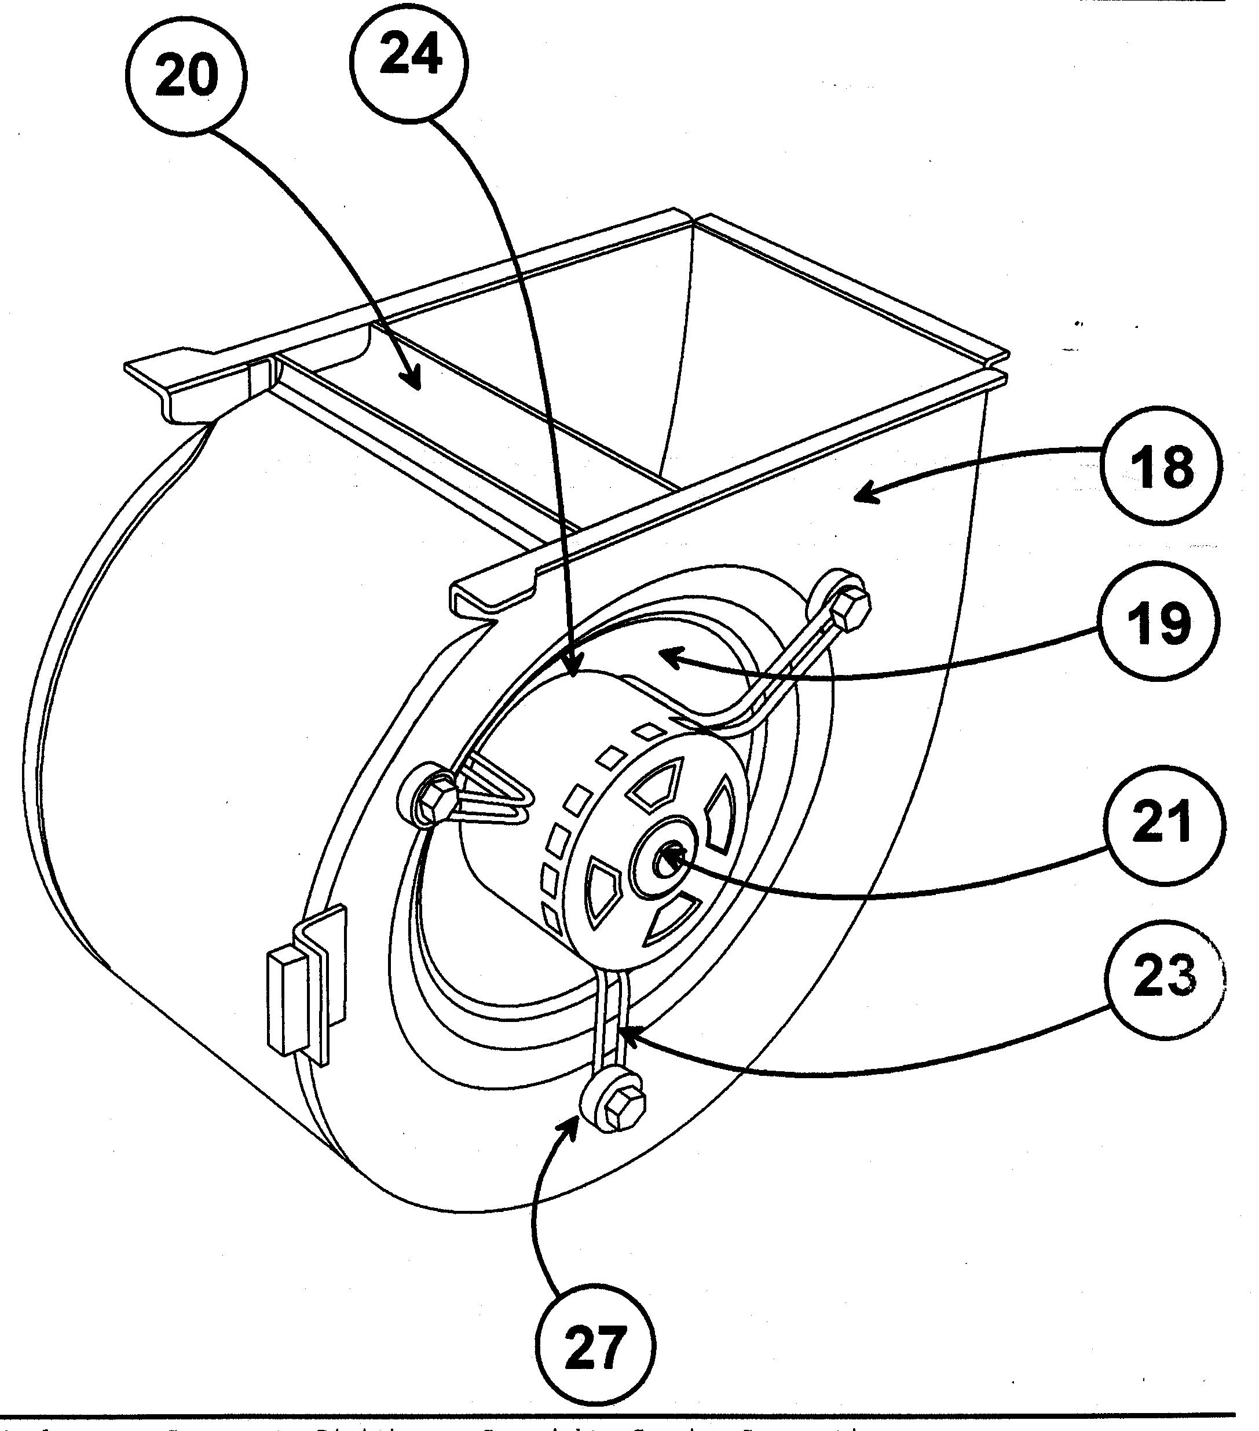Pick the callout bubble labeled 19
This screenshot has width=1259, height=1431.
point(1158,622)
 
